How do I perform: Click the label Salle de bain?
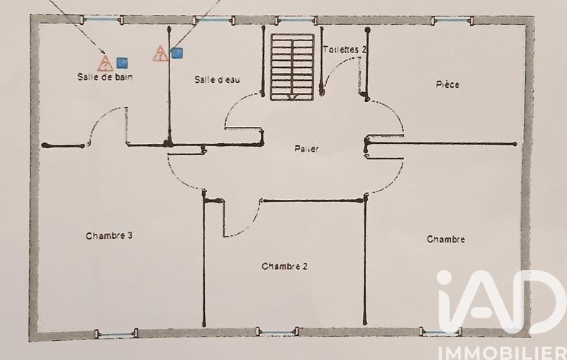[x=106, y=77]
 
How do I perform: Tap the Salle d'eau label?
[x=217, y=80]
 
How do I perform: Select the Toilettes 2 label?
[x=345, y=50]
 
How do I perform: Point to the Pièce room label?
[x=447, y=85]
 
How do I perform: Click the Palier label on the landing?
[x=306, y=149]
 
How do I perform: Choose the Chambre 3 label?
[x=109, y=236]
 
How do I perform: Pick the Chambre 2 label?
[x=283, y=266]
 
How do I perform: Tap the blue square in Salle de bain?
[x=121, y=62]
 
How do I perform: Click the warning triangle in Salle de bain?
[x=105, y=63]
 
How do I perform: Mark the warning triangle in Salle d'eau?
[x=160, y=52]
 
